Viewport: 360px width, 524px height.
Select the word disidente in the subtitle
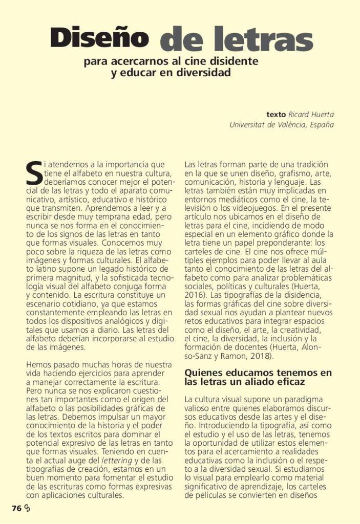(232, 62)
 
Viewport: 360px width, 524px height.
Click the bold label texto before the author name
(277, 115)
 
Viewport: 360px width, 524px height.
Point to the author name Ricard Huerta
(311, 115)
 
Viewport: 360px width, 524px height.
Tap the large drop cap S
(33, 173)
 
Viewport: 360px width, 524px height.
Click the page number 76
(16, 508)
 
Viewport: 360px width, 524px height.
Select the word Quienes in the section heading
(203, 373)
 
